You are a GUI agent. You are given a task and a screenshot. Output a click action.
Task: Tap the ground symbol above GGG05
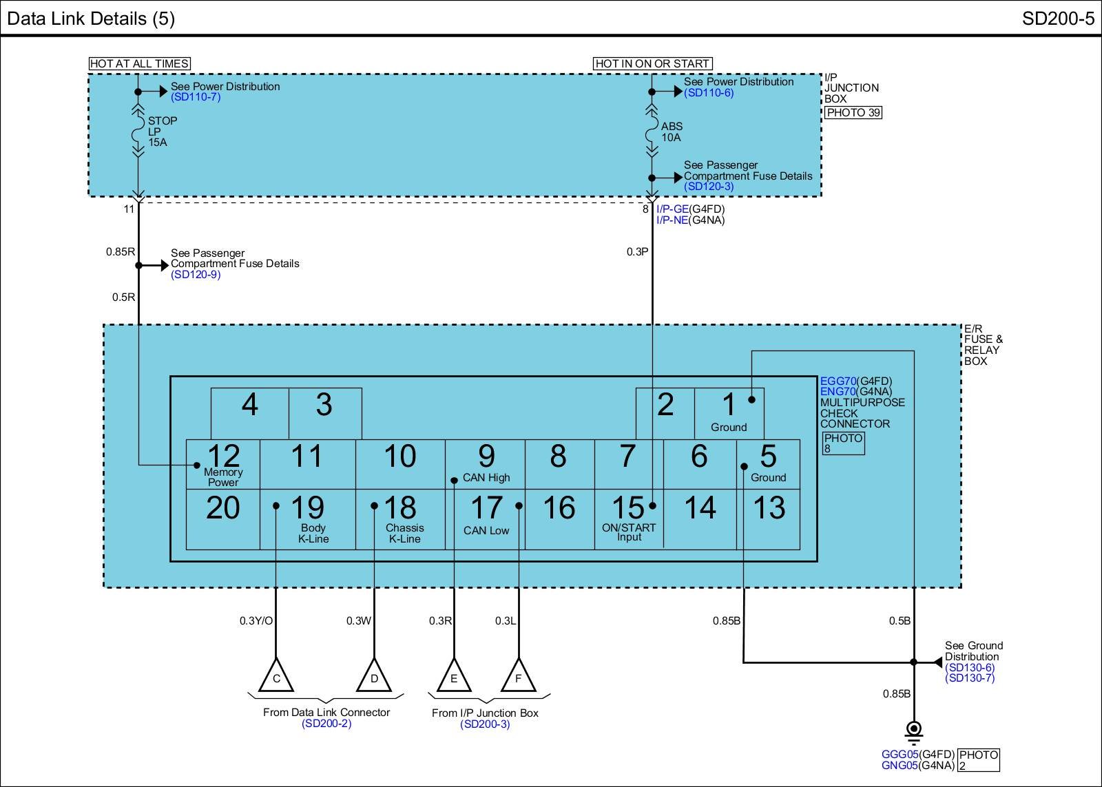click(913, 731)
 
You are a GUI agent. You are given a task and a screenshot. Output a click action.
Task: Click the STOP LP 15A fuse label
click(162, 132)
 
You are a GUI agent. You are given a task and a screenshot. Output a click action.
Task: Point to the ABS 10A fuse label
click(672, 132)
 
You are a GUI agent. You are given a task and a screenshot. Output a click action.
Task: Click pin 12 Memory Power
click(223, 464)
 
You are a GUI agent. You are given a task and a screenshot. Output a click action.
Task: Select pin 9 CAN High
click(486, 464)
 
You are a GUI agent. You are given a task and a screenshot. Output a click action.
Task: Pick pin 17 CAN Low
click(486, 516)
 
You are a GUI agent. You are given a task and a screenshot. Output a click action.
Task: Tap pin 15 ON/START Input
click(629, 516)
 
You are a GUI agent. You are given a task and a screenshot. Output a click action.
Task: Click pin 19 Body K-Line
click(308, 516)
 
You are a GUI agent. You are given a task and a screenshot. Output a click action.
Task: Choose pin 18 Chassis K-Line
click(401, 516)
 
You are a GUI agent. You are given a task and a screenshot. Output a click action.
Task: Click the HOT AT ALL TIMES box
click(139, 63)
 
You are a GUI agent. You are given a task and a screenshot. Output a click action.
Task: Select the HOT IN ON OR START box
click(652, 63)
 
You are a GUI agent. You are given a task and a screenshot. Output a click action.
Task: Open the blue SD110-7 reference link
click(196, 97)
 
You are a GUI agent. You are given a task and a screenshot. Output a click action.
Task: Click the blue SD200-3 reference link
click(485, 724)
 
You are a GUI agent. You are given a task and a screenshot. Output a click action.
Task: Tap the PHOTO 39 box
click(853, 112)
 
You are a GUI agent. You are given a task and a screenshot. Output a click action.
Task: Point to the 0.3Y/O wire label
click(256, 620)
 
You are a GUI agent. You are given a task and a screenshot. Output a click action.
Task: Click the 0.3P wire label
click(637, 251)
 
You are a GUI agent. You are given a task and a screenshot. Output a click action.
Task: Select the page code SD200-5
click(1058, 18)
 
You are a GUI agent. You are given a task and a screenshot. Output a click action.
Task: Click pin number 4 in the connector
click(249, 405)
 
